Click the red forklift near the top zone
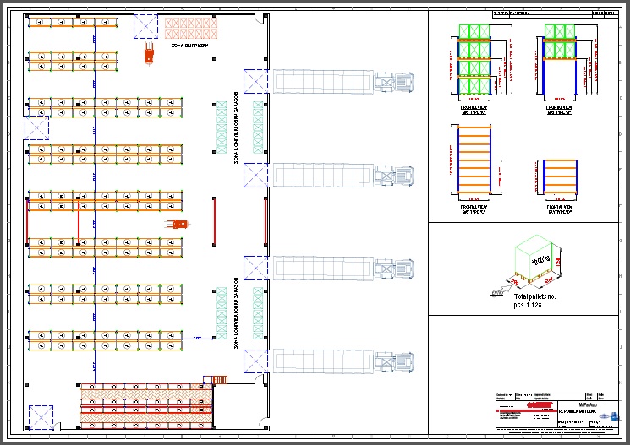point(150,55)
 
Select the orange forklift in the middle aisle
point(178,224)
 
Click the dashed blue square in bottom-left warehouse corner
point(40,418)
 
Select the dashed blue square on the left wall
point(36,128)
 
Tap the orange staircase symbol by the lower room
point(222,378)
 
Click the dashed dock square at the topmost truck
point(255,81)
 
